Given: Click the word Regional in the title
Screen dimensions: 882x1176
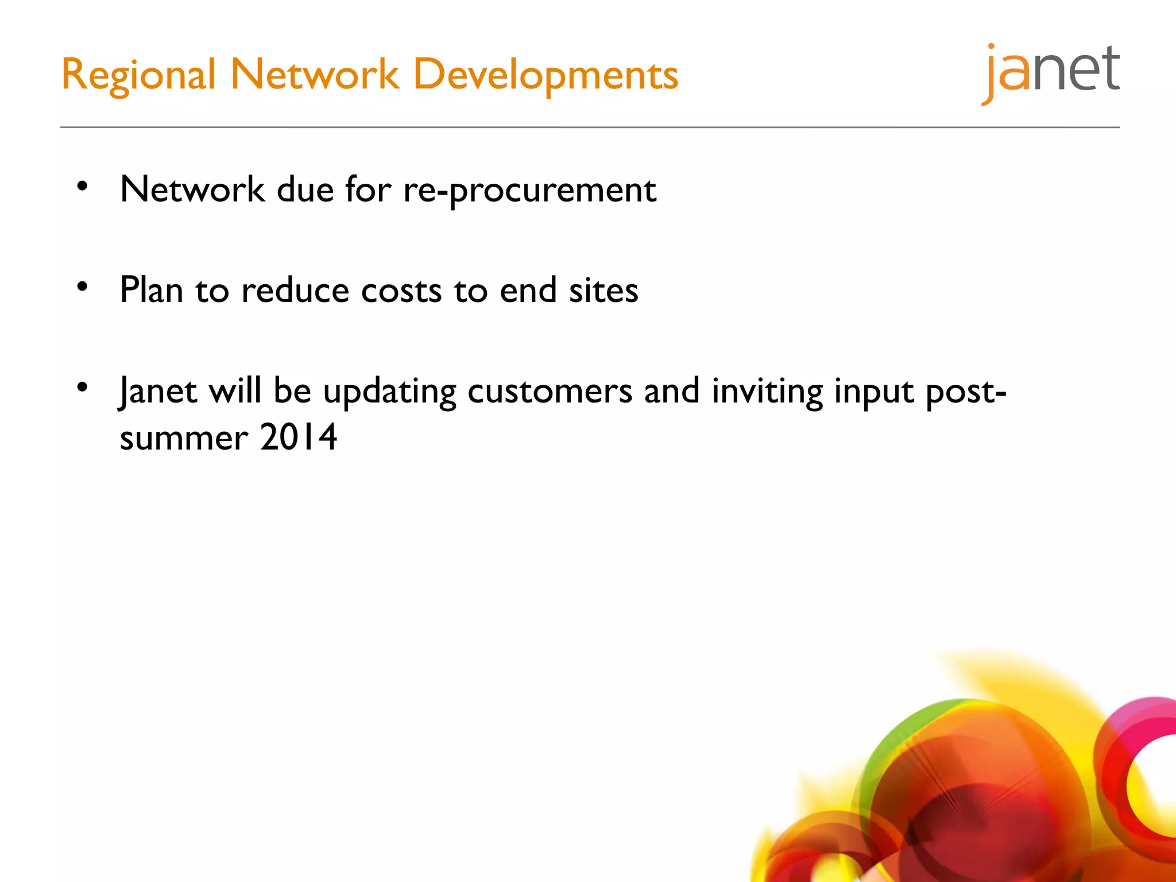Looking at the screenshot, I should pos(138,75).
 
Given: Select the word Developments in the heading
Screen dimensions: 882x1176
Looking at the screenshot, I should pos(546,75).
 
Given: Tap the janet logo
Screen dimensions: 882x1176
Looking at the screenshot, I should pos(1051,72).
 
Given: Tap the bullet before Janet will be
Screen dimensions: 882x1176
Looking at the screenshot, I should pos(83,387).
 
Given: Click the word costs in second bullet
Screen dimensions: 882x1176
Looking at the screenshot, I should pos(401,291).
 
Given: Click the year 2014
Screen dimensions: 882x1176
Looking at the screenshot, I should pos(298,438).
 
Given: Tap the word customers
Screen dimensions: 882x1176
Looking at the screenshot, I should pos(550,392).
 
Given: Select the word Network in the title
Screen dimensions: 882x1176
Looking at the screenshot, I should pos(314,75).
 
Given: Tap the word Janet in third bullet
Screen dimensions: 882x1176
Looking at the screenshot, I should pos(158,392).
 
